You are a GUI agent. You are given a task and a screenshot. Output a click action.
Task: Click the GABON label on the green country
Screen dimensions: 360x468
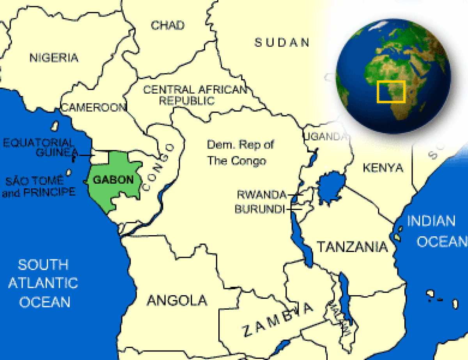pyautogui.click(x=113, y=180)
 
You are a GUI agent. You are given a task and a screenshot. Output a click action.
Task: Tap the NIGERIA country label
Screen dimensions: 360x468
pyautogui.click(x=54, y=58)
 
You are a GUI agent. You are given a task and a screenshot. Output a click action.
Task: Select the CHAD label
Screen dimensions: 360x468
pyautogui.click(x=168, y=25)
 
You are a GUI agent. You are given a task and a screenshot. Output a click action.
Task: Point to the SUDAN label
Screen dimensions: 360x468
pyautogui.click(x=282, y=42)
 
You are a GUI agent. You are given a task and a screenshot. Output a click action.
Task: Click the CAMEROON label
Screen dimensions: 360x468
pyautogui.click(x=94, y=108)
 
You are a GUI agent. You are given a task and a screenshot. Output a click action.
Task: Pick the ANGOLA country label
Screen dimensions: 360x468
pyautogui.click(x=177, y=300)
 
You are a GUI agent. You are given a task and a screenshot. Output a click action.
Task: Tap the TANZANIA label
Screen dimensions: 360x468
pyautogui.click(x=352, y=247)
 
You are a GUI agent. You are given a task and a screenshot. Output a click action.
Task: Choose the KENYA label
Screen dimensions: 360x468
pyautogui.click(x=383, y=168)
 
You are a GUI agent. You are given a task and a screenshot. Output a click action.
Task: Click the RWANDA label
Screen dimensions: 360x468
pyautogui.click(x=262, y=194)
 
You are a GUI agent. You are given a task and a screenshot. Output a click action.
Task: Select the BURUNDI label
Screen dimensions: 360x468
pyautogui.click(x=259, y=209)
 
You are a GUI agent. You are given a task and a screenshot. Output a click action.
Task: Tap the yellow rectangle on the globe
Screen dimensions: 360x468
pyautogui.click(x=391, y=92)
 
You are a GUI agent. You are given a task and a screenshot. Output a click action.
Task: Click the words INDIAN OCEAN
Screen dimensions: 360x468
pyautogui.click(x=435, y=231)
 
